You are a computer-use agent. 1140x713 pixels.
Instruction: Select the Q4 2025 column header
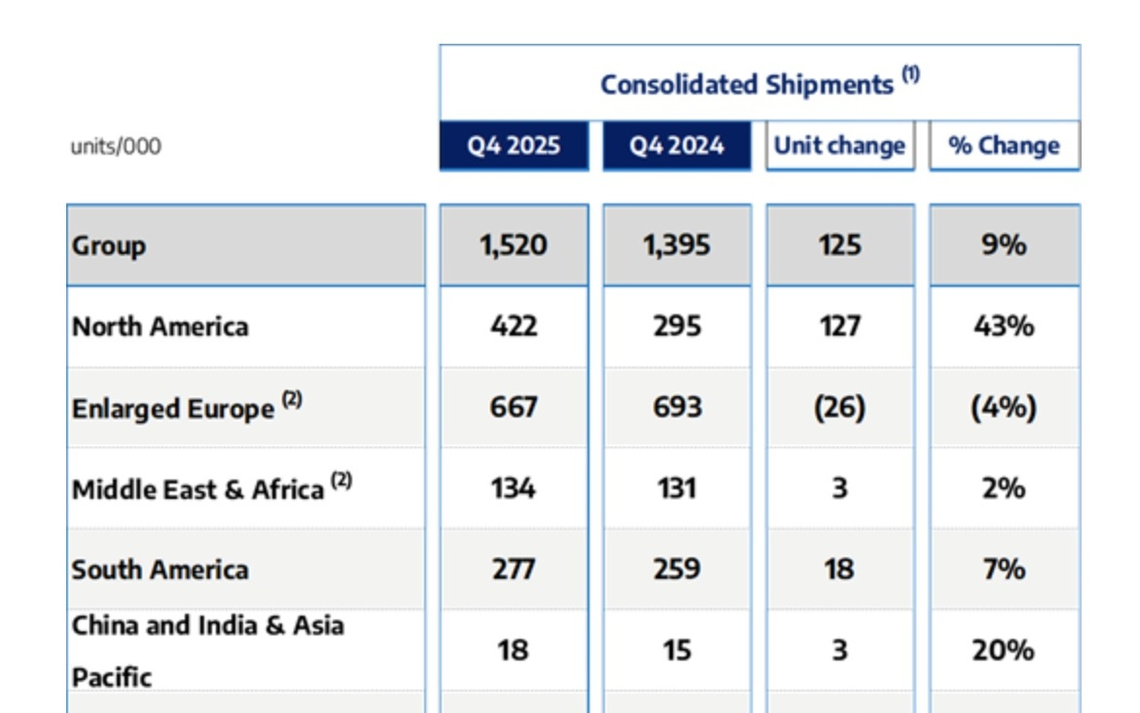click(514, 146)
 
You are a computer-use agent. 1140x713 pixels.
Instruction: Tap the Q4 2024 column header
click(677, 146)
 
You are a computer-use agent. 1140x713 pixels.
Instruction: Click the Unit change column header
click(839, 146)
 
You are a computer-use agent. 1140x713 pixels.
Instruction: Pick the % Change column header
click(1004, 146)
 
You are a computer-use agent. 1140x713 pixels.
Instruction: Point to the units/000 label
click(116, 147)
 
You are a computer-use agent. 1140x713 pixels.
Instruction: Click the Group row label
click(109, 245)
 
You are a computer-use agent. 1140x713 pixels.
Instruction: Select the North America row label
click(160, 326)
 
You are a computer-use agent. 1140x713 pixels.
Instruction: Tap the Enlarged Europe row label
click(173, 408)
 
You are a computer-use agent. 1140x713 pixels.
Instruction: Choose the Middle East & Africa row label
click(197, 488)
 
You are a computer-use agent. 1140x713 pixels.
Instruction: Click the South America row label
click(160, 569)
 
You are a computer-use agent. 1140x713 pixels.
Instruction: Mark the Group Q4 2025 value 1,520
click(513, 245)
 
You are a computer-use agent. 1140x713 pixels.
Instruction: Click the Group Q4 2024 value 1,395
click(676, 245)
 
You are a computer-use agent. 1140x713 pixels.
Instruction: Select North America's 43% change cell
click(1004, 326)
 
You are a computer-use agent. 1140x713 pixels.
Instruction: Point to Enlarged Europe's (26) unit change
click(839, 407)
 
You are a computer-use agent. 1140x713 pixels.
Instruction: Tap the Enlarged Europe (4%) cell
click(1004, 407)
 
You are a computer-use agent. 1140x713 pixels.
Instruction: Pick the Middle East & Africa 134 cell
click(513, 487)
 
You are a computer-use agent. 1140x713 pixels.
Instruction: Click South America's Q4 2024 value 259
click(676, 569)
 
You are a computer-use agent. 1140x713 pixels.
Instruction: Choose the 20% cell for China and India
click(1003, 650)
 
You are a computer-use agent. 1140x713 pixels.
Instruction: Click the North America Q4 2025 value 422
click(513, 326)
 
